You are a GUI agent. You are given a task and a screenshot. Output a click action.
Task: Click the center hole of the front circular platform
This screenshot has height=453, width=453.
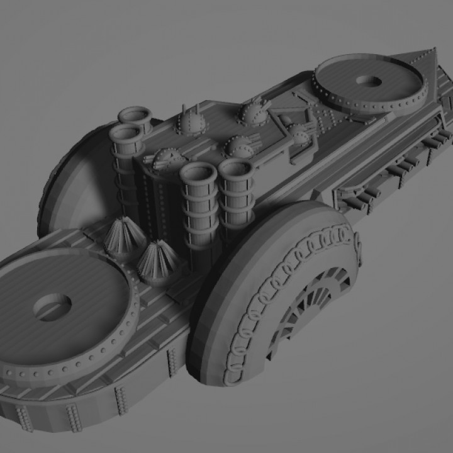(52, 308)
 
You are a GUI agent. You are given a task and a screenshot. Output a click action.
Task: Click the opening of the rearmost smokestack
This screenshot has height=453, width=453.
(135, 115)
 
